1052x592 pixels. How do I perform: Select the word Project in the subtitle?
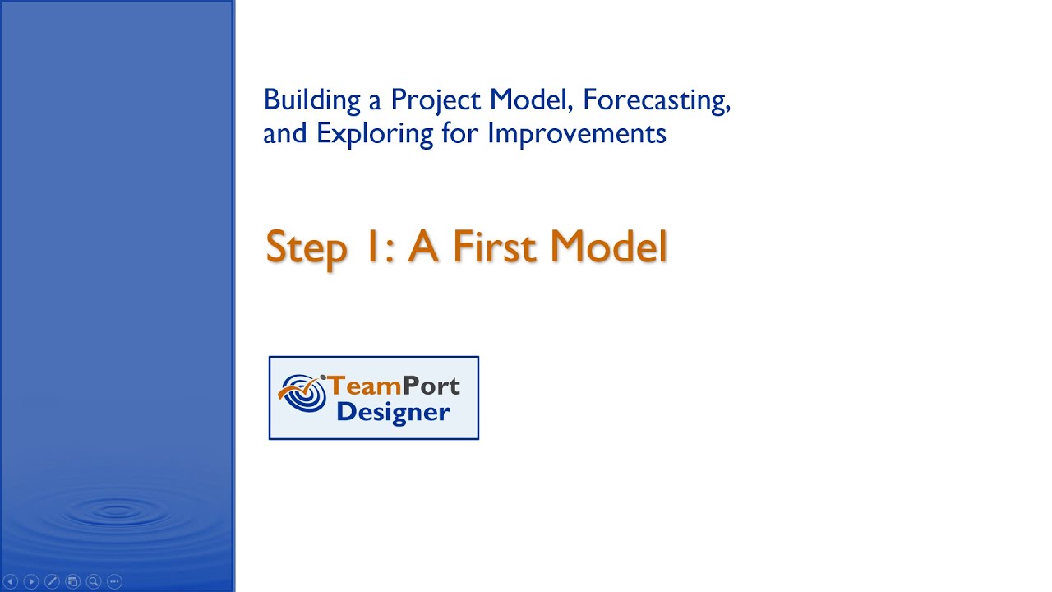point(436,100)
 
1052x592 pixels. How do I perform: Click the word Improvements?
point(576,132)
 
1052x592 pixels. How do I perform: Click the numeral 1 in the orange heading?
point(369,247)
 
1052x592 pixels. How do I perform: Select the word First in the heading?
point(496,247)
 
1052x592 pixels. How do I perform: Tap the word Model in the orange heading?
point(609,247)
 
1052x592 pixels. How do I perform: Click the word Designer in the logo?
point(393,412)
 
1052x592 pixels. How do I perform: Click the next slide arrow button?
point(31,581)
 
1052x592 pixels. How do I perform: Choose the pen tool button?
point(52,581)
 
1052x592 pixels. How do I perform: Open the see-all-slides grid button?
point(72,581)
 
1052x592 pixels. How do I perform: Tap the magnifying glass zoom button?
point(94,581)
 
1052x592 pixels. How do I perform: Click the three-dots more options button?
point(114,581)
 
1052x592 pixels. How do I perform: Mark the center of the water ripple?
point(118,511)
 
